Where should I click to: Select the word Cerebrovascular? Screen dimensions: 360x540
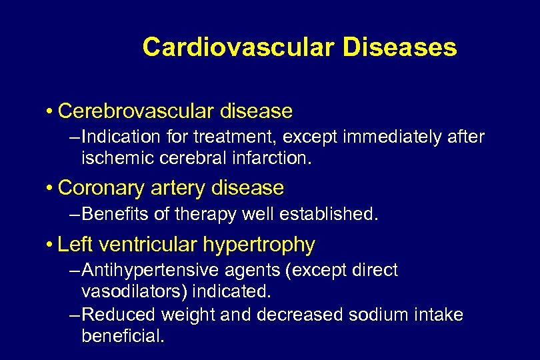tap(133, 110)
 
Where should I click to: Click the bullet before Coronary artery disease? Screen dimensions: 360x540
tap(51, 188)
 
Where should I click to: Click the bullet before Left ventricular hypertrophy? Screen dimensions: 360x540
tap(51, 245)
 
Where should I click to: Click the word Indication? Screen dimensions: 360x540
tap(117, 137)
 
